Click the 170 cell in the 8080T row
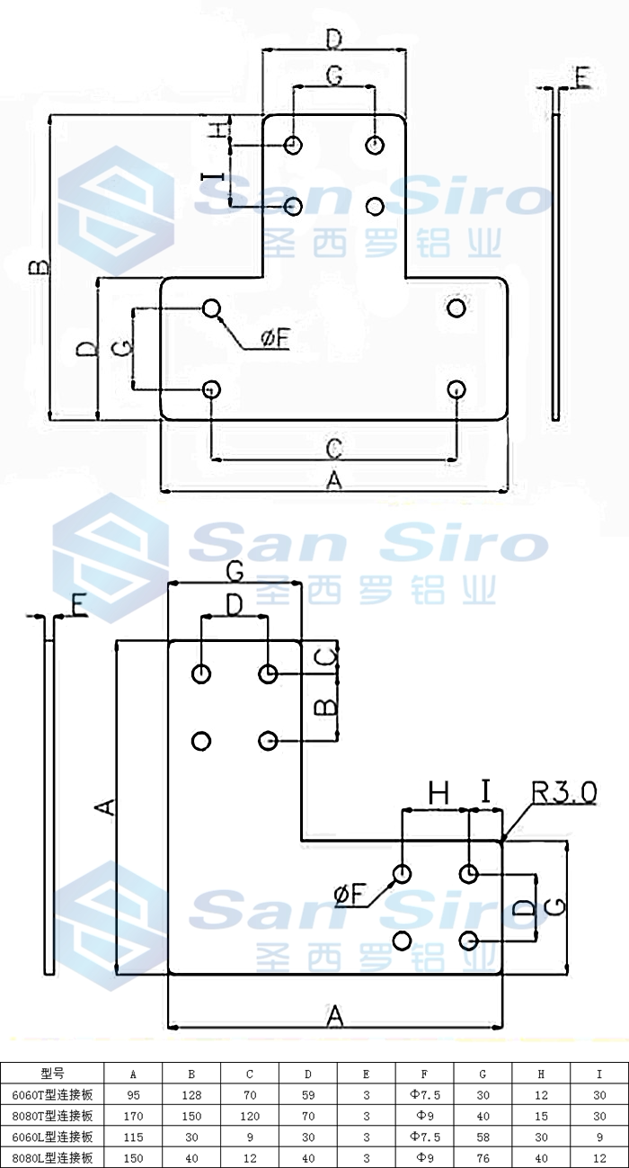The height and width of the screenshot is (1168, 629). point(133,1116)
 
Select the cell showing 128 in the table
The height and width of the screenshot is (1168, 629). point(191,1095)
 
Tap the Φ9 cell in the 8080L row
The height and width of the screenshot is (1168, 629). point(424,1157)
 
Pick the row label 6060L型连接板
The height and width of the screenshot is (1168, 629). point(53,1137)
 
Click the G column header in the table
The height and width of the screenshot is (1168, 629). point(483,1074)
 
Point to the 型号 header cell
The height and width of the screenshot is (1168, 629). point(53,1074)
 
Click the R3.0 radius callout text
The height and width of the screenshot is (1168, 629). point(563,792)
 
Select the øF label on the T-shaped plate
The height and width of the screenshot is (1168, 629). point(276,338)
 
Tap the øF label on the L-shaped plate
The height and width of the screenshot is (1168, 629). point(350,894)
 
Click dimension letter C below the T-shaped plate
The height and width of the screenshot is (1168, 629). point(333,447)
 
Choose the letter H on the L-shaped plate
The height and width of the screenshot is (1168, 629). point(438,792)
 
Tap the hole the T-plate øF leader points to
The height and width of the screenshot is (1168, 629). point(211,308)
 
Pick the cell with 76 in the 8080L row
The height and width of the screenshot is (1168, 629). point(483,1157)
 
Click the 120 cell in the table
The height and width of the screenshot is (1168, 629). point(250,1116)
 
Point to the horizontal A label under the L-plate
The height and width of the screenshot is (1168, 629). point(334,1016)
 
